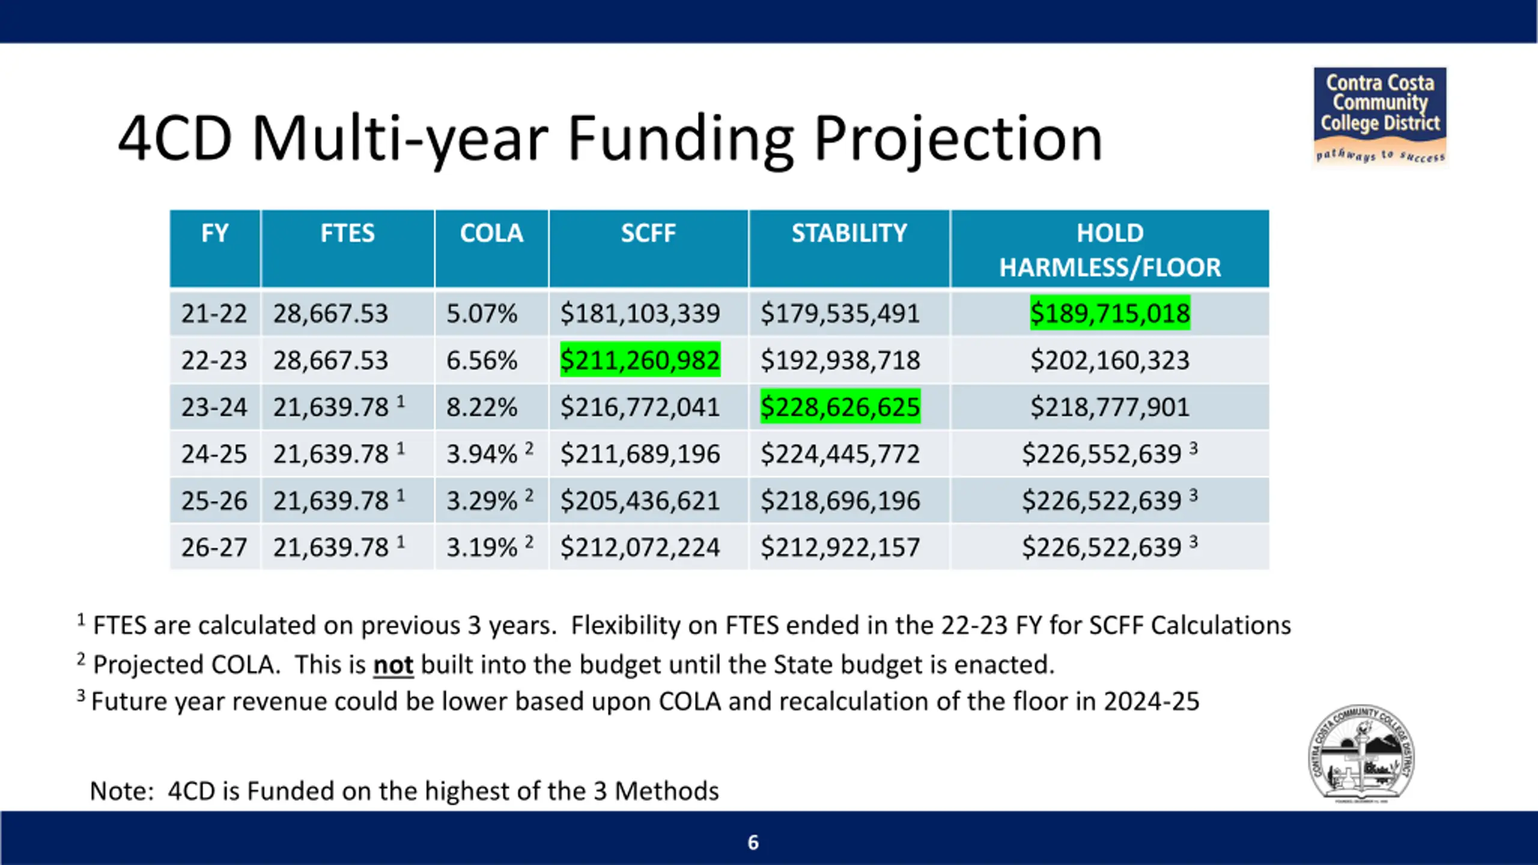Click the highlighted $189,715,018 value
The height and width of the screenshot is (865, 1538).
[x=1110, y=313]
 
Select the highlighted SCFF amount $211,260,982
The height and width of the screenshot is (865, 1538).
[x=640, y=360]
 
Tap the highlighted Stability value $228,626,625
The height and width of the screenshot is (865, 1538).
[x=840, y=407]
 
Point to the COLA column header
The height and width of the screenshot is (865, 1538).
[x=491, y=233]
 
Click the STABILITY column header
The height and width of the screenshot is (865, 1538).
[x=849, y=233]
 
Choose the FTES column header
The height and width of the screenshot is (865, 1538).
[x=347, y=233]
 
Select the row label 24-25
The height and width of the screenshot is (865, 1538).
[x=214, y=454]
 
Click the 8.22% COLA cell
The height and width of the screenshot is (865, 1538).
[x=481, y=407]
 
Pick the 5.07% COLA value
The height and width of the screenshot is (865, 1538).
[x=481, y=313]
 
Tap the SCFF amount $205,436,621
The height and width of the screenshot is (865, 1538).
[x=640, y=500]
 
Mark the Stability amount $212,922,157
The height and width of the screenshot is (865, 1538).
[x=840, y=547]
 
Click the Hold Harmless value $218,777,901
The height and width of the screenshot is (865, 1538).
[x=1110, y=407]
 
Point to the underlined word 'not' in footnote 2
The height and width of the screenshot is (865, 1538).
[x=393, y=665]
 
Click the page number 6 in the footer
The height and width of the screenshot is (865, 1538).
[x=753, y=842]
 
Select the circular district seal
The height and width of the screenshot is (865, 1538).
[x=1361, y=754]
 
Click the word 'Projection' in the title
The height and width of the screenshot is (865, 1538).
[x=958, y=139]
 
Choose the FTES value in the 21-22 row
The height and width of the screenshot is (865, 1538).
[x=330, y=313]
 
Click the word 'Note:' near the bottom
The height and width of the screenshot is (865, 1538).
[x=122, y=791]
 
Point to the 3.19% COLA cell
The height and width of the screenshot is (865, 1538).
[x=481, y=547]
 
